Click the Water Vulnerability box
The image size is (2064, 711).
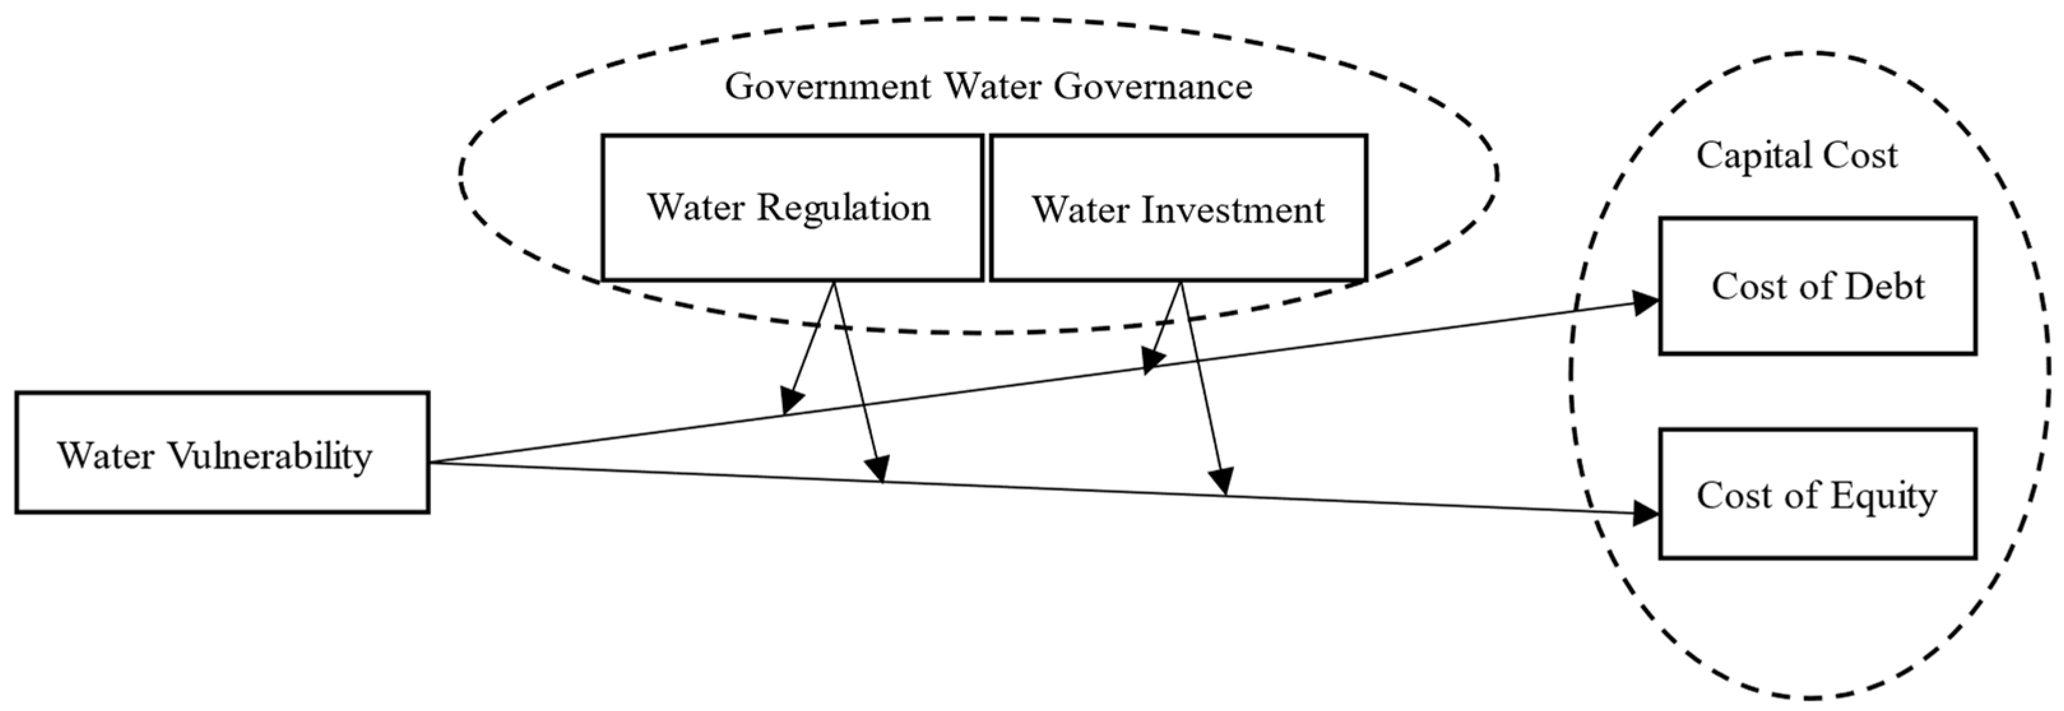pyautogui.click(x=222, y=452)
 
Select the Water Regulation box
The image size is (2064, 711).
pyautogui.click(x=792, y=208)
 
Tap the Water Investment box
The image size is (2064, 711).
pyautogui.click(x=1178, y=208)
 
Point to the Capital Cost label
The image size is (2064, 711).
pyautogui.click(x=1796, y=155)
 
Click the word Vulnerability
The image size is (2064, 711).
pyautogui.click(x=270, y=456)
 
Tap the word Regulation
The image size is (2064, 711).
pyautogui.click(x=844, y=208)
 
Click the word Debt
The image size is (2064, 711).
pyautogui.click(x=1884, y=286)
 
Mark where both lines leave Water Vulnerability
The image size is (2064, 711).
pyautogui.click(x=430, y=462)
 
